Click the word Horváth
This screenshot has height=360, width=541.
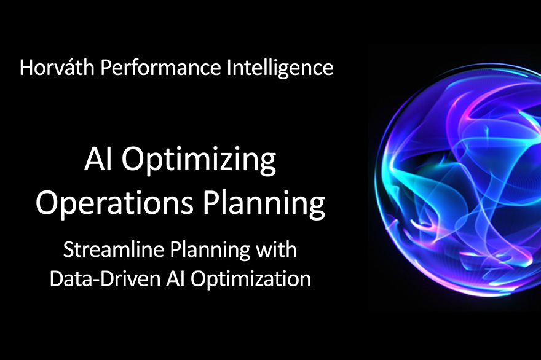[x=57, y=67]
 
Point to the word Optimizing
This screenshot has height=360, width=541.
[x=199, y=161]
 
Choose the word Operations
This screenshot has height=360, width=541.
[x=114, y=203]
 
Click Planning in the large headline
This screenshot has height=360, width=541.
[x=264, y=203]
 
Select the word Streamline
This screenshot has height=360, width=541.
[x=113, y=249]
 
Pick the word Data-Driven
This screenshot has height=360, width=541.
[x=105, y=279]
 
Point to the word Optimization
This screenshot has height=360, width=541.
[x=251, y=280]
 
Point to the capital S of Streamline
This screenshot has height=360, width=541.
[x=68, y=249]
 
